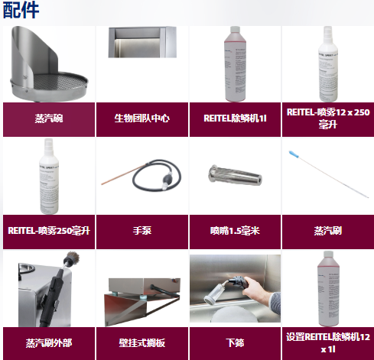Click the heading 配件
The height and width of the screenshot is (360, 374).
pyautogui.click(x=21, y=11)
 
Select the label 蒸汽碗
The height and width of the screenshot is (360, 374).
pyautogui.click(x=49, y=118)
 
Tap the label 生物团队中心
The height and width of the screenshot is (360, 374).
pyautogui.click(x=141, y=118)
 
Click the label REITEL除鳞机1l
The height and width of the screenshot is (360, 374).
pyautogui.click(x=234, y=118)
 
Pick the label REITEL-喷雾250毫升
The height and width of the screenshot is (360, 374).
pyautogui.click(x=49, y=230)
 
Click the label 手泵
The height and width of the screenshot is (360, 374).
pyautogui.click(x=141, y=230)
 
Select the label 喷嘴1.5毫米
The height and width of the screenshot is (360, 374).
pyautogui.click(x=234, y=230)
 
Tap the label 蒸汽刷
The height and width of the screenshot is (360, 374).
pyautogui.click(x=327, y=230)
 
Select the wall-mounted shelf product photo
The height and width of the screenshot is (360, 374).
pyautogui.click(x=141, y=298)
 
